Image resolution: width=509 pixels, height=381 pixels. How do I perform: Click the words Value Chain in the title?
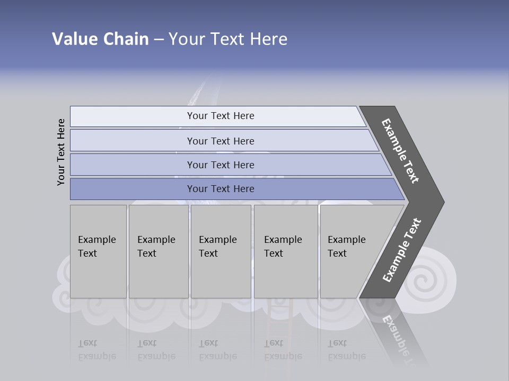pyautogui.click(x=100, y=39)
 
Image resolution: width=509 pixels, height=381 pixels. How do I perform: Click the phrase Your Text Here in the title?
pyautogui.click(x=228, y=39)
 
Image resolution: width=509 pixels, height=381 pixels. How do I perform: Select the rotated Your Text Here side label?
pyautogui.click(x=61, y=152)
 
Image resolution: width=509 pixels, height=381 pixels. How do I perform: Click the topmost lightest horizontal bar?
pyautogui.click(x=217, y=116)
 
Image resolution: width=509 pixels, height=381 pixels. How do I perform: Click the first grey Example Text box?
pyautogui.click(x=98, y=251)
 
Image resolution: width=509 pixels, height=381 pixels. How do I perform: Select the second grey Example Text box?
pyautogui.click(x=158, y=251)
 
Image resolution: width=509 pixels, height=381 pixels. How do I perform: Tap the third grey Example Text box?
pyautogui.click(x=221, y=251)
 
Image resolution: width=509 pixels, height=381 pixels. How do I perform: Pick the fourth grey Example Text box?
pyautogui.click(x=286, y=251)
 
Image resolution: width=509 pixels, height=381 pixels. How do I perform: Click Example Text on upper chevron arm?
pyautogui.click(x=400, y=151)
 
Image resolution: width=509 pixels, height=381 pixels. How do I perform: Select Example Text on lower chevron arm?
pyautogui.click(x=402, y=250)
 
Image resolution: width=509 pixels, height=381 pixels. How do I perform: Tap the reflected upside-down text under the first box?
pyautogui.click(x=96, y=350)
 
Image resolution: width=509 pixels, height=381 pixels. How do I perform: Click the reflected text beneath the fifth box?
pyautogui.click(x=346, y=350)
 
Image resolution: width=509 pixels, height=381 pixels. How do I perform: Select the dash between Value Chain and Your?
pyautogui.click(x=159, y=40)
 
